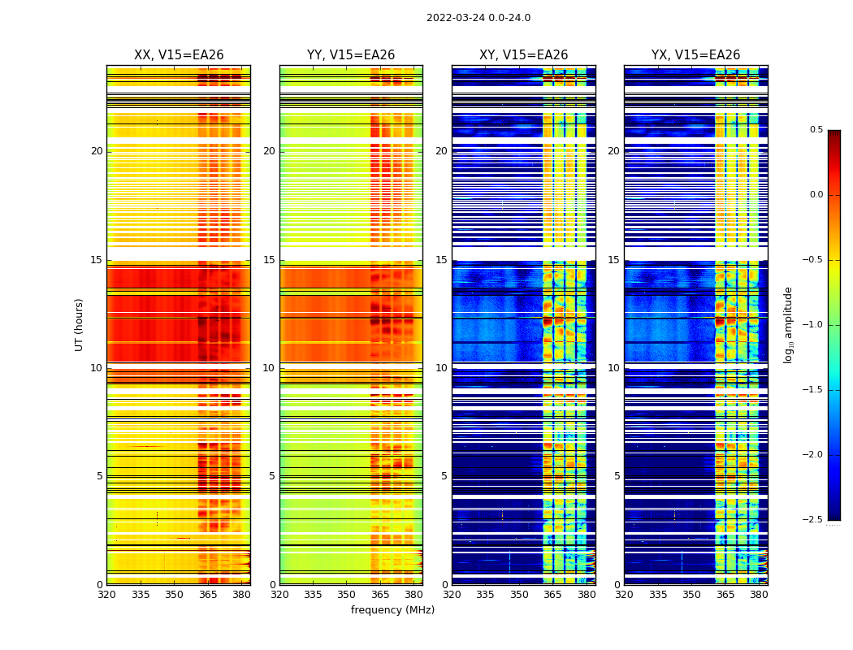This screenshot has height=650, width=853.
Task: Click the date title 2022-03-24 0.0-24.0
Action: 478,18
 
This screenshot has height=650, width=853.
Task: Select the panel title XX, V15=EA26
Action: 179,55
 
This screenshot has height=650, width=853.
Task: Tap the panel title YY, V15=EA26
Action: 351,55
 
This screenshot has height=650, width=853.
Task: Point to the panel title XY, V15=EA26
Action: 523,55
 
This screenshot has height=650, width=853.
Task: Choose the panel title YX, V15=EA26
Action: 695,55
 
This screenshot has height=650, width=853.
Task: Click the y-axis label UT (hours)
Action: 80,324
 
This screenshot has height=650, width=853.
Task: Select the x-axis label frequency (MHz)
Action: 392,610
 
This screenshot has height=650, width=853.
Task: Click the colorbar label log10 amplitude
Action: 788,324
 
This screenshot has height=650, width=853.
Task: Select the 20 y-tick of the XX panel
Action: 97,151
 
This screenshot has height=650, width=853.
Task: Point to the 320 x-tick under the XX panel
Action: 106,595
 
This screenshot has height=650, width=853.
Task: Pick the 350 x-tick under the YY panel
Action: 347,595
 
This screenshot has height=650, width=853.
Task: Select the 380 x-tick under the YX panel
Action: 759,595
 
